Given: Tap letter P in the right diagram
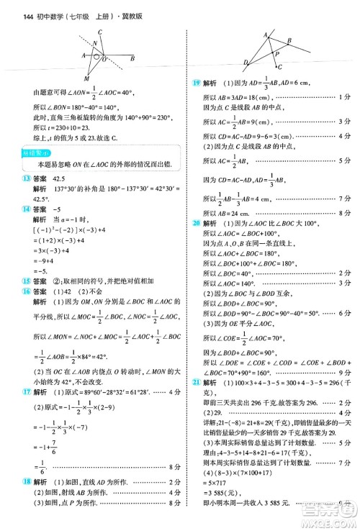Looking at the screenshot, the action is (x=277, y=54).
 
